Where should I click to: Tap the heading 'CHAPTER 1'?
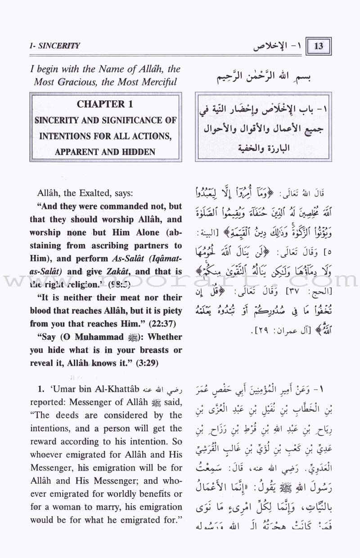coord(105,104)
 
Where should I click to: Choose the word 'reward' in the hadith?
coord(47,442)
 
